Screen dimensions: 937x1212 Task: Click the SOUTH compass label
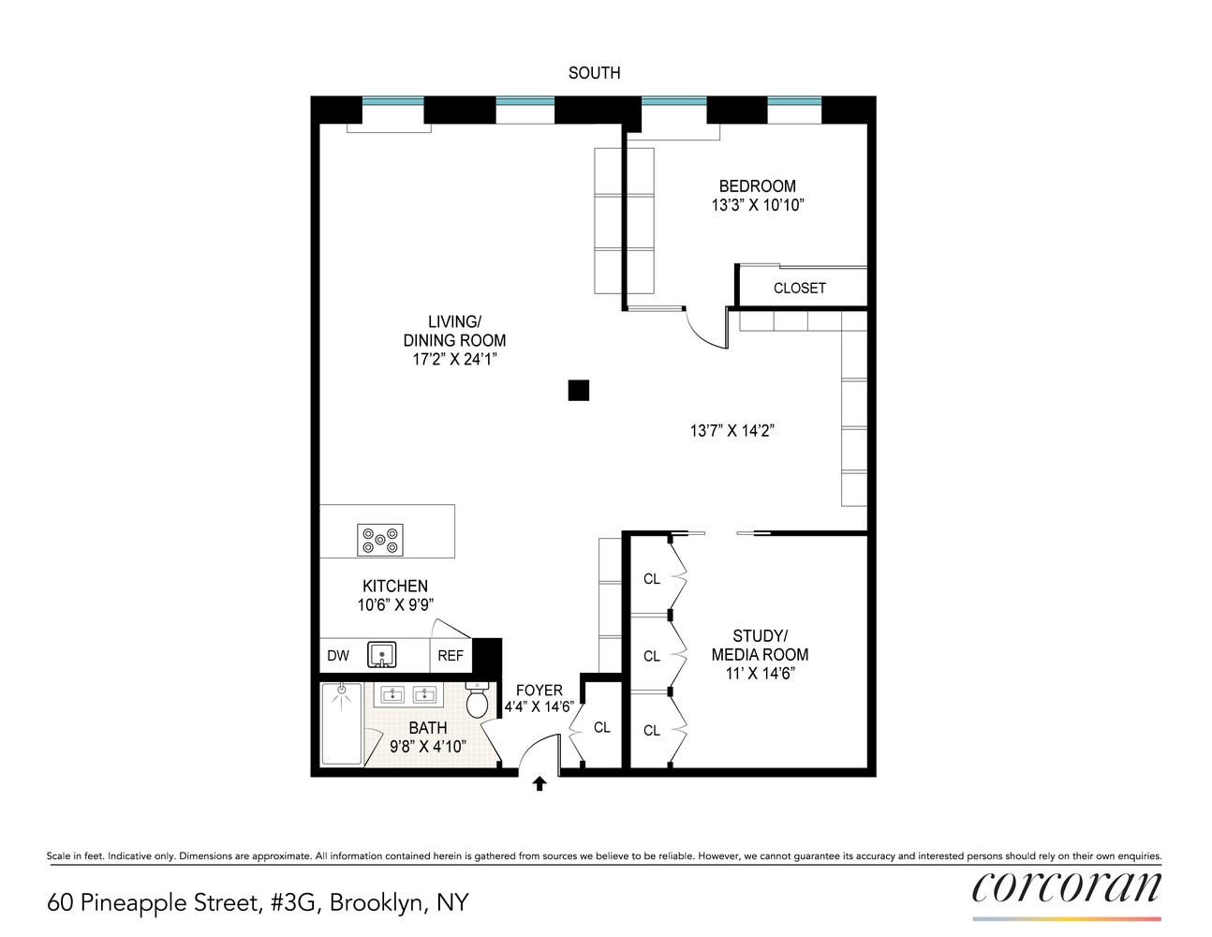pyautogui.click(x=594, y=73)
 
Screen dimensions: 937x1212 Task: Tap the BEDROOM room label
pyautogui.click(x=757, y=186)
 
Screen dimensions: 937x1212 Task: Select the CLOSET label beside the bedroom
pyautogui.click(x=799, y=289)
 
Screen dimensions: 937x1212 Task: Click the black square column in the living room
pyautogui.click(x=579, y=390)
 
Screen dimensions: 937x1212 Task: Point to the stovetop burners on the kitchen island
pyautogui.click(x=380, y=539)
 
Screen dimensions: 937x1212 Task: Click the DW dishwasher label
pyautogui.click(x=338, y=656)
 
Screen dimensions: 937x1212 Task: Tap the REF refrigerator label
pyautogui.click(x=451, y=656)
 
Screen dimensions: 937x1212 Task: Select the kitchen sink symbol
pyautogui.click(x=381, y=654)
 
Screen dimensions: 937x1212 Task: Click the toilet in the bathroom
pyautogui.click(x=478, y=700)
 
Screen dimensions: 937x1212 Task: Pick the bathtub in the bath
pyautogui.click(x=341, y=723)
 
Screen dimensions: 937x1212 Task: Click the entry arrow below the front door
pyautogui.click(x=539, y=784)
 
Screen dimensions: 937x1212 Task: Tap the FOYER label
pyautogui.click(x=539, y=691)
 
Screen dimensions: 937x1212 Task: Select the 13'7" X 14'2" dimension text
pyautogui.click(x=732, y=431)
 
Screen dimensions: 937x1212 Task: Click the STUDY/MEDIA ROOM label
pyautogui.click(x=760, y=646)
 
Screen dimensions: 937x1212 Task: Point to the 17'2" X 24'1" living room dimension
pyautogui.click(x=454, y=359)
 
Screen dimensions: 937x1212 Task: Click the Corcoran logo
pyautogui.click(x=1066, y=887)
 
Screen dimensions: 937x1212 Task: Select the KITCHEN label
pyautogui.click(x=395, y=587)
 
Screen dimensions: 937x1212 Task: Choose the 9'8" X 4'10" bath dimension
pyautogui.click(x=428, y=747)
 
